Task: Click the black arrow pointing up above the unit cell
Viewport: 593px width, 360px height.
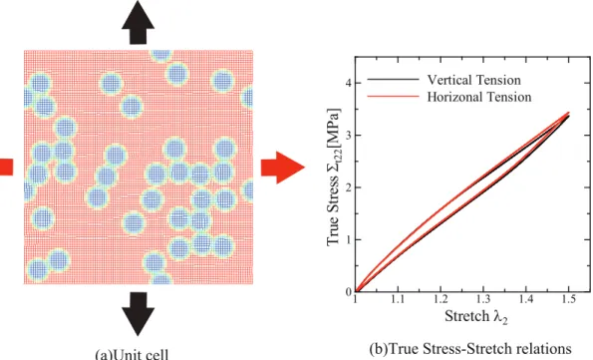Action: point(138,23)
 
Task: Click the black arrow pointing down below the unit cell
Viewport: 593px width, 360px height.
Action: point(138,313)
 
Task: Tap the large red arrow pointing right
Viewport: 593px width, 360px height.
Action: point(283,168)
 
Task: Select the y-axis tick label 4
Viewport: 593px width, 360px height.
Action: point(348,83)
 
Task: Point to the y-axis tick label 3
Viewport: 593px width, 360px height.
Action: point(348,136)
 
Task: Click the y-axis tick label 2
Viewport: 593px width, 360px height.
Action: point(348,187)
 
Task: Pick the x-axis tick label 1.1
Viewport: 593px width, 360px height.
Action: point(397,299)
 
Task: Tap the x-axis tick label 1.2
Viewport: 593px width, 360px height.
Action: point(441,299)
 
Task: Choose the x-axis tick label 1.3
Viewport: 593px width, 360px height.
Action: point(483,299)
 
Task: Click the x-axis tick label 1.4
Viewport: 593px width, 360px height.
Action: point(525,299)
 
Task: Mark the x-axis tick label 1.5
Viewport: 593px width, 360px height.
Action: point(568,299)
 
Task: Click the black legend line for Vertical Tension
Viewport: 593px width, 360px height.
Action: point(393,80)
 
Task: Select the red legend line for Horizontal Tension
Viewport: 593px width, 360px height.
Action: point(393,97)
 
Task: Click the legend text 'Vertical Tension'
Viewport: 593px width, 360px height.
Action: point(473,80)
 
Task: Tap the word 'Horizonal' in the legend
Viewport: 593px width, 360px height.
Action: point(453,97)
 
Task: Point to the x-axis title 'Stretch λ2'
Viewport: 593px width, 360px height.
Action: point(475,316)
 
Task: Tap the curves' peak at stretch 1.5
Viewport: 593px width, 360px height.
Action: point(568,114)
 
